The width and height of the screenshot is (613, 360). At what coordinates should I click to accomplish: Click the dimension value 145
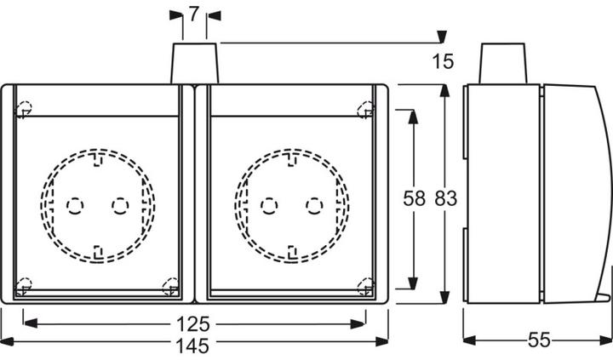coord(194,345)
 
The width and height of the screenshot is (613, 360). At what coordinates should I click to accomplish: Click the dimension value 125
coord(194,325)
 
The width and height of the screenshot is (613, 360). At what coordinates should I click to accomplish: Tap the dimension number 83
coord(445,199)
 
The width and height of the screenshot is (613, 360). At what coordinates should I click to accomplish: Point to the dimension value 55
coord(538,340)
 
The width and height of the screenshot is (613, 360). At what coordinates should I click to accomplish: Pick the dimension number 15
coord(442,61)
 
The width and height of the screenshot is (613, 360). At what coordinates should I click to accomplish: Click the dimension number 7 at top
coord(193,14)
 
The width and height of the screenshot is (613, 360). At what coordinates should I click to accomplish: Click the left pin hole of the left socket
coord(75,205)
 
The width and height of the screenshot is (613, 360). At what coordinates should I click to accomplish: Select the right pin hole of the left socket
coord(120,205)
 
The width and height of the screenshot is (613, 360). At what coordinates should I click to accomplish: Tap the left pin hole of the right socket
coord(270,205)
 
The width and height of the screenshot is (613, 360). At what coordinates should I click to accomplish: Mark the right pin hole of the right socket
coord(315,205)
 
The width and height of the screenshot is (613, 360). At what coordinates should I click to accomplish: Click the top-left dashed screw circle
coord(24,109)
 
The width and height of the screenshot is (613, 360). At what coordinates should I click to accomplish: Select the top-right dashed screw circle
coord(366,109)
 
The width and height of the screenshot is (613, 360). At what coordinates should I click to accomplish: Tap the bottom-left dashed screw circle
coord(24,286)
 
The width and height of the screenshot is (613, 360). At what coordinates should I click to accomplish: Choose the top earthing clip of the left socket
coord(98,157)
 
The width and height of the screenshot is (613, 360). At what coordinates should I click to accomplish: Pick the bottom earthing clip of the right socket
coord(293,250)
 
